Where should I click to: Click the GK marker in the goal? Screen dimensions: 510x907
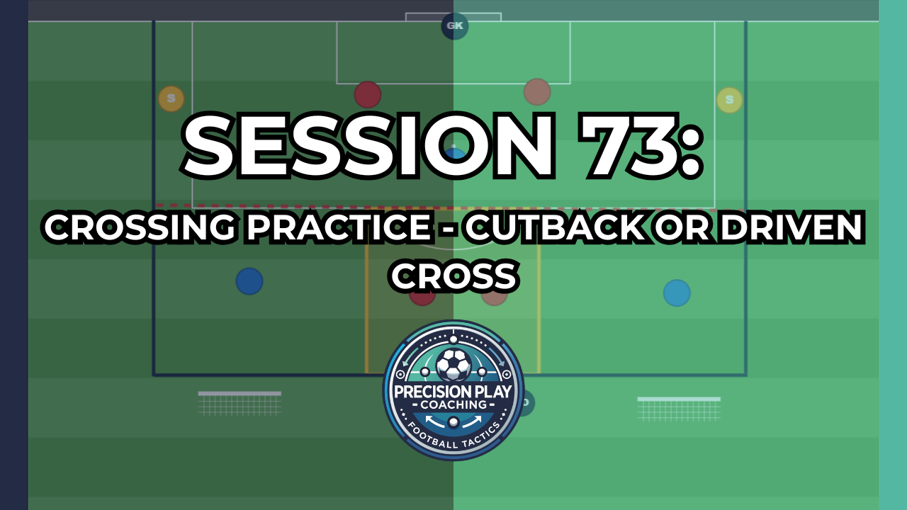[x=454, y=27]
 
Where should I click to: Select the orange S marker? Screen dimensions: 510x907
[x=171, y=99]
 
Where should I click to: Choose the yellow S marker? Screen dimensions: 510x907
[x=729, y=100]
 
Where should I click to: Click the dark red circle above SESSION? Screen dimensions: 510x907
[x=368, y=94]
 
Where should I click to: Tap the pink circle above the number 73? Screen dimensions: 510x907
[x=537, y=91]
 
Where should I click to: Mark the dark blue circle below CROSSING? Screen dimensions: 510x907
[x=249, y=281]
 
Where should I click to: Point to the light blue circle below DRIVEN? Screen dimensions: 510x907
[x=677, y=293]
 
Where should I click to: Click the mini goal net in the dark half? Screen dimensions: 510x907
[x=240, y=403]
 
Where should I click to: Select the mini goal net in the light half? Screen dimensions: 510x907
[x=679, y=409]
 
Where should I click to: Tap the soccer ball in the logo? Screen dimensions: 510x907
[x=453, y=364]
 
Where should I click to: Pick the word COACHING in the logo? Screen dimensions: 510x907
[x=453, y=404]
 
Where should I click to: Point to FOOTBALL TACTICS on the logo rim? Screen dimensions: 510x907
[x=453, y=437]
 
